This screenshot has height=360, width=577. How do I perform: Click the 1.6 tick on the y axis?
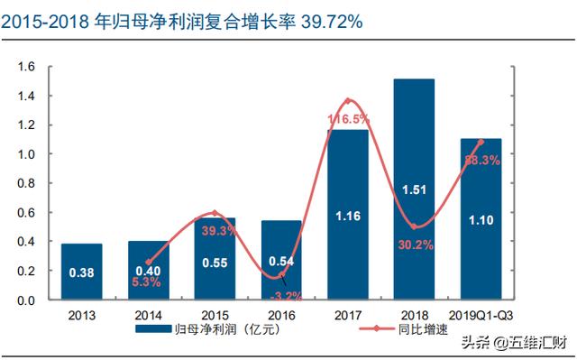click(x=26, y=67)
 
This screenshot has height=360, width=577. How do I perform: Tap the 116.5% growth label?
click(x=351, y=118)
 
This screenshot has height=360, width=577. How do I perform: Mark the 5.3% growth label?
click(x=147, y=282)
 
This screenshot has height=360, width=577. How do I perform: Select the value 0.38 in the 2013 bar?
click(x=82, y=272)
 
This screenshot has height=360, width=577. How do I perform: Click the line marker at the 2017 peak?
click(x=348, y=100)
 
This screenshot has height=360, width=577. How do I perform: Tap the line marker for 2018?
click(x=414, y=226)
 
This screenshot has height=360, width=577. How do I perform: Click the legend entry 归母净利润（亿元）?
click(x=211, y=331)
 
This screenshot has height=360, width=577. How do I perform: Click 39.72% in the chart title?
click(x=331, y=21)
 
